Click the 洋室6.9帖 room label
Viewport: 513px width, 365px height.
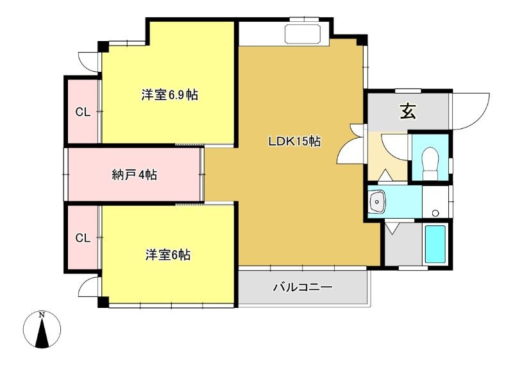coord(169,95)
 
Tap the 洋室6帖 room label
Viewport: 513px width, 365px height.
coord(168,255)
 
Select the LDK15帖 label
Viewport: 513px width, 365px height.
coord(294,141)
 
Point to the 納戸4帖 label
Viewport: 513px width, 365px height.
coord(135,175)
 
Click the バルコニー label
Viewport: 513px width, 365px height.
coord(303,287)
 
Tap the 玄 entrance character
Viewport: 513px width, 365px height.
coord(408,112)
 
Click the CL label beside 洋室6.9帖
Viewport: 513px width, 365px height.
coord(83,112)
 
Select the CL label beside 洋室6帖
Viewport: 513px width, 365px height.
coord(83,238)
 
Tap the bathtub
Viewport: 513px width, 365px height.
coord(435,244)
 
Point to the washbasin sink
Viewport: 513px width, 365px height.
coord(377,201)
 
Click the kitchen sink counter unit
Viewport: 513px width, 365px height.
coord(303,34)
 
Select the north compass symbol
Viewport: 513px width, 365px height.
coord(42,329)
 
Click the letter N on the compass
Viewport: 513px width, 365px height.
coord(42,315)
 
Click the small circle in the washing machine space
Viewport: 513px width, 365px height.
coord(435,213)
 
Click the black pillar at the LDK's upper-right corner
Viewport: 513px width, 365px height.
coord(362,40)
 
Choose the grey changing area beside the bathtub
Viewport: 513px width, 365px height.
coord(403,244)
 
